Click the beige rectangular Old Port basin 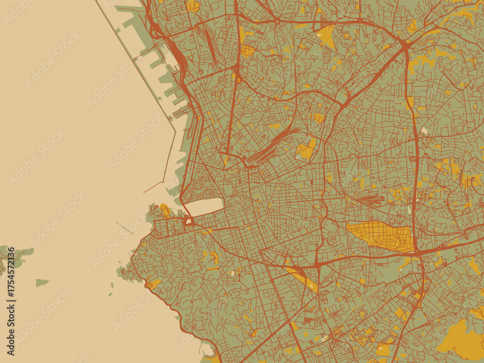coord(204,207)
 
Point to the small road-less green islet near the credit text coord(42,282)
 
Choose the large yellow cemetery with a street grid coord(382,236)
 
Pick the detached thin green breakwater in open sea coord(124,227)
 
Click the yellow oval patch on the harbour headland coord(165,210)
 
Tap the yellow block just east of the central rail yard coord(306,150)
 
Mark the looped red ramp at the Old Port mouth coord(188,222)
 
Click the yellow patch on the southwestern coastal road coord(153,284)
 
